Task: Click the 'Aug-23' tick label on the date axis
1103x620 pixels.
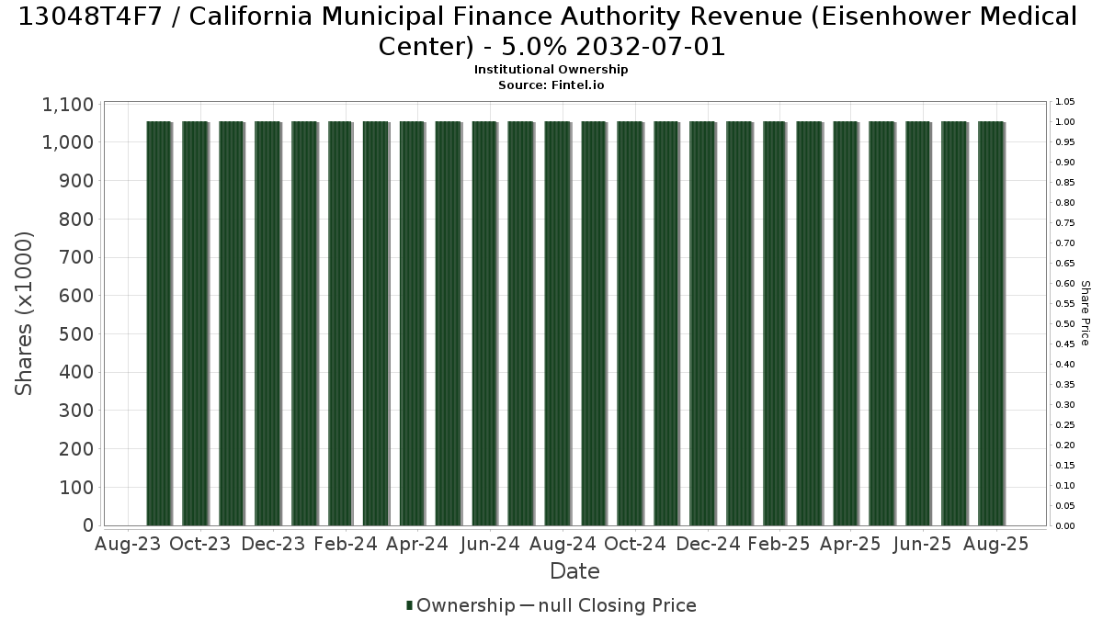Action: (x=128, y=544)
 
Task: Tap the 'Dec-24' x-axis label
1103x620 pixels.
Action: (x=708, y=544)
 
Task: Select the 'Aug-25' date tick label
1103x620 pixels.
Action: (x=996, y=544)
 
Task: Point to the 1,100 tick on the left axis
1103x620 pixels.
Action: (x=68, y=105)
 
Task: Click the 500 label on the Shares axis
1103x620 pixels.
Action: (x=76, y=334)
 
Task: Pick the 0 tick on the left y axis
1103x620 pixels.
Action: (x=88, y=525)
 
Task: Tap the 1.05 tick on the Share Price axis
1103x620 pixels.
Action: (x=1065, y=102)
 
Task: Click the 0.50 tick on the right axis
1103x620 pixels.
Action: (x=1065, y=323)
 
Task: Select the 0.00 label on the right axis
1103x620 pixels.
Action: (x=1065, y=526)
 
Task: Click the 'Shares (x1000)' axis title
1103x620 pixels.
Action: (x=23, y=313)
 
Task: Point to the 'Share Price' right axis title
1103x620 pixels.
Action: (x=1086, y=313)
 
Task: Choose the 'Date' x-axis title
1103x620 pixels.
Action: (x=574, y=571)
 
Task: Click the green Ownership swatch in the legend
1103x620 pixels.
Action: (x=409, y=605)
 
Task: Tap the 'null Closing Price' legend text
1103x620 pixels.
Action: (x=618, y=605)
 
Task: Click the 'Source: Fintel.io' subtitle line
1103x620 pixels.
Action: (x=551, y=85)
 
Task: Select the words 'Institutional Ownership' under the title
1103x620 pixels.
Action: (x=551, y=70)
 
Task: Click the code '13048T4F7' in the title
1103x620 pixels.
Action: (x=90, y=17)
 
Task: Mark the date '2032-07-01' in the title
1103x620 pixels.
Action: (x=651, y=47)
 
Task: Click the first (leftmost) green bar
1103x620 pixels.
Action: (x=159, y=323)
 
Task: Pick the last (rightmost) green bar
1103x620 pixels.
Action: (x=991, y=323)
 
